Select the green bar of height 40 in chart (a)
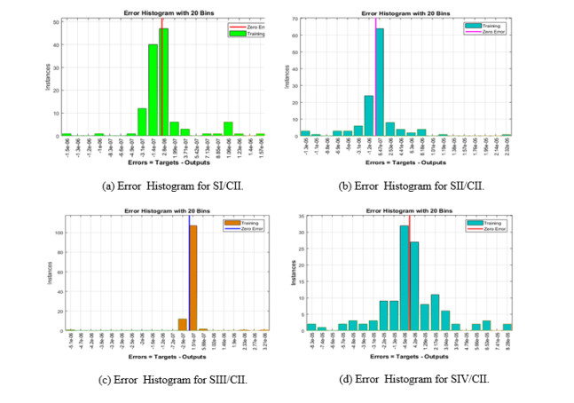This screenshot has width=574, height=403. pyautogui.click(x=153, y=90)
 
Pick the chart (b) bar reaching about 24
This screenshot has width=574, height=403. pyautogui.click(x=368, y=115)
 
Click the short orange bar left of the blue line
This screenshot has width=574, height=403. pyautogui.click(x=182, y=324)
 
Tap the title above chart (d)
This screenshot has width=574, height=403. pyautogui.click(x=409, y=210)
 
